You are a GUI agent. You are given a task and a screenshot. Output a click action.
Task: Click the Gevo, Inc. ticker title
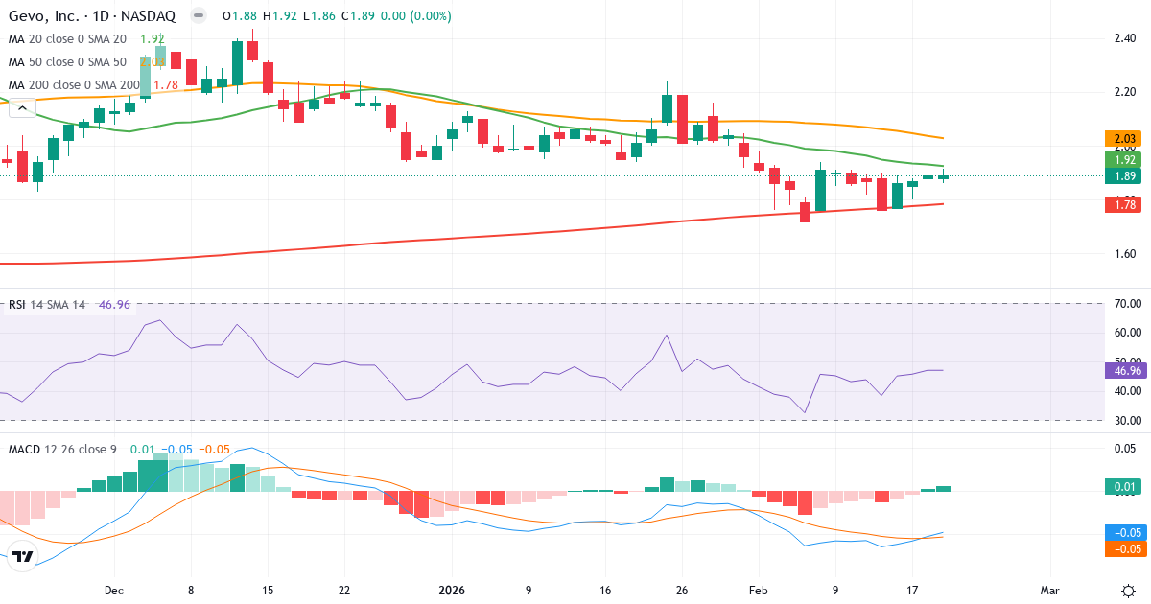click(92, 16)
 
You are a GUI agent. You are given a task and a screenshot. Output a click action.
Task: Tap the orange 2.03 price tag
click(1120, 139)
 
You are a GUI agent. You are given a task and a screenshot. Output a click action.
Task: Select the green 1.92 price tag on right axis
click(1120, 159)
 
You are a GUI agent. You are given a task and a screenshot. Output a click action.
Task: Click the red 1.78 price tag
click(1120, 203)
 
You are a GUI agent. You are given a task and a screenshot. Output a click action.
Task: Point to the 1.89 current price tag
click(1120, 176)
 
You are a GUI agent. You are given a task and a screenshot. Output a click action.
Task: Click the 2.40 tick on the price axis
click(1124, 38)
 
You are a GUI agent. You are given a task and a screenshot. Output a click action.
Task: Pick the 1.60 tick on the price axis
click(1124, 254)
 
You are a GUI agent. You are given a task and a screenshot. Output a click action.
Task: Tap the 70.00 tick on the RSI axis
click(1127, 304)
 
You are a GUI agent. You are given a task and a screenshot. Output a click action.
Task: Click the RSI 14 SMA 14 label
click(48, 305)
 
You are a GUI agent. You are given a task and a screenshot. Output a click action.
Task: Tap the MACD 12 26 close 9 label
click(63, 449)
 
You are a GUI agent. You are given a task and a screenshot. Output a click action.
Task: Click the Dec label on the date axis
click(113, 591)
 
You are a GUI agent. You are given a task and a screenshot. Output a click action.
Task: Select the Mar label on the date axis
click(1050, 591)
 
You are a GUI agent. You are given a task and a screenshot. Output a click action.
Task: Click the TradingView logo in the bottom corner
click(23, 556)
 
